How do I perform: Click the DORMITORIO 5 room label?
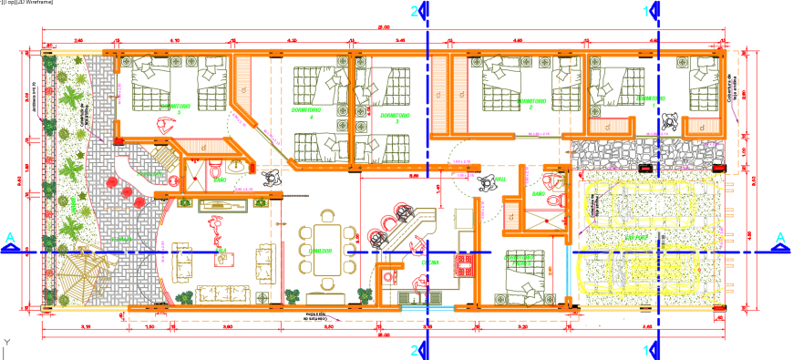(x=175, y=107)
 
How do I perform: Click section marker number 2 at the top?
(x=417, y=11)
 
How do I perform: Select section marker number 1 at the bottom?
(x=649, y=348)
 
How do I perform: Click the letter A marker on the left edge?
(x=9, y=238)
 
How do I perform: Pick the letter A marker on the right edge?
(x=780, y=238)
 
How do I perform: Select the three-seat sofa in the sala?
(x=217, y=293)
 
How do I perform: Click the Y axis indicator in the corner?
(x=6, y=343)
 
